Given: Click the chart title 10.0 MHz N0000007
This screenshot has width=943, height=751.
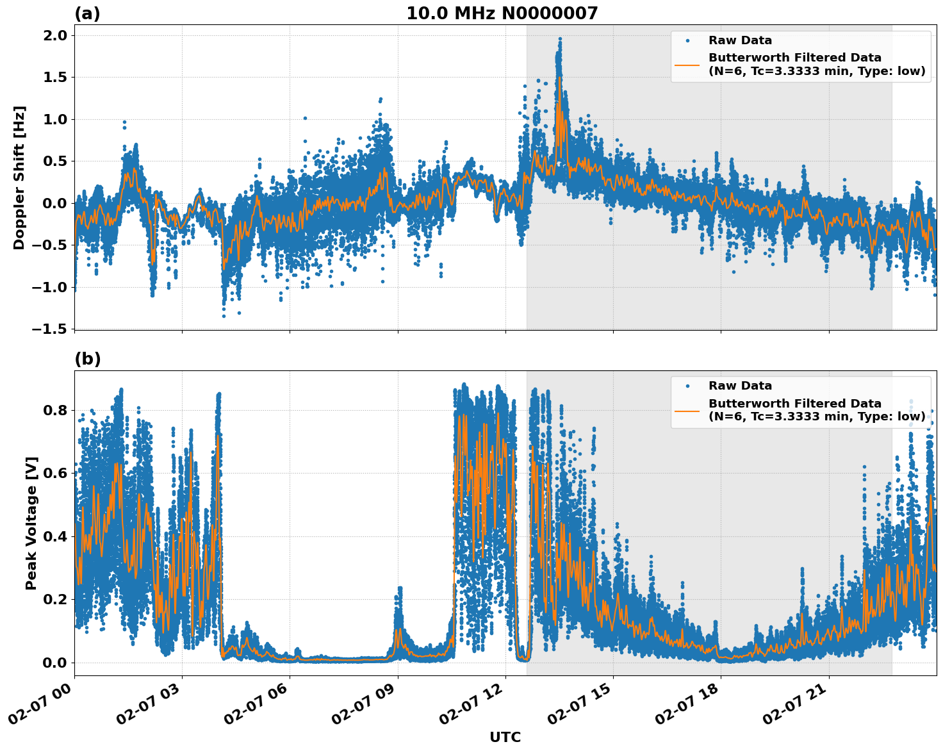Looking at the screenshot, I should (x=502, y=13).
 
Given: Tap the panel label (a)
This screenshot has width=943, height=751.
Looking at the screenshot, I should (x=87, y=13).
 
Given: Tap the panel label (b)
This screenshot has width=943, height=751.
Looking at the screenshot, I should (x=87, y=359).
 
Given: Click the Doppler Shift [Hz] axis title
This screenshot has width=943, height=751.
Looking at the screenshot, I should (x=19, y=177).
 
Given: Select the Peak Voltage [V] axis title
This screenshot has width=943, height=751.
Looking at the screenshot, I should (x=31, y=523).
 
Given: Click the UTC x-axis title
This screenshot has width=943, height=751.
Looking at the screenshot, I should (x=505, y=737).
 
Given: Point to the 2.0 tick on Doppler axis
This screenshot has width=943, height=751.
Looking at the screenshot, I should (x=54, y=35).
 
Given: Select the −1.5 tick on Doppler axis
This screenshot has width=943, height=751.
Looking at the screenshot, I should (x=49, y=329).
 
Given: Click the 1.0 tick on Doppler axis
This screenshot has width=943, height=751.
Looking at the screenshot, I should (x=54, y=119).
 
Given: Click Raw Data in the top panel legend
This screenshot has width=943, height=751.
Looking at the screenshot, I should (x=740, y=40).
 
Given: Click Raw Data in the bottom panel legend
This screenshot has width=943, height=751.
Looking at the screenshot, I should (x=740, y=386).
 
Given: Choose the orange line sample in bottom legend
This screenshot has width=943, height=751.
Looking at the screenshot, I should (x=687, y=410).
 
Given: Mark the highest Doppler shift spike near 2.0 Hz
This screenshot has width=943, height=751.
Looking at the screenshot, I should (x=560, y=39).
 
